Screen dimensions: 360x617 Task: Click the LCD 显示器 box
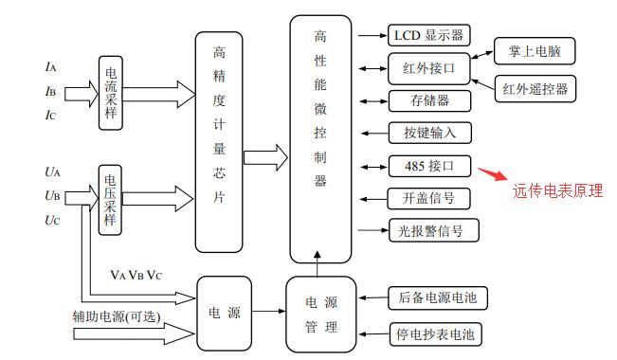click(x=428, y=36)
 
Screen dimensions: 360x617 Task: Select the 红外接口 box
click(x=428, y=68)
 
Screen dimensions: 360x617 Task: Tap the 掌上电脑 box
click(x=534, y=50)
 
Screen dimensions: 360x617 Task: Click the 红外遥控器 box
click(x=536, y=89)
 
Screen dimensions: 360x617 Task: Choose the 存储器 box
click(x=428, y=100)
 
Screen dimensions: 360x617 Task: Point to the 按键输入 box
click(x=429, y=133)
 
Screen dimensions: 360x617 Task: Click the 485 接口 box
click(x=429, y=166)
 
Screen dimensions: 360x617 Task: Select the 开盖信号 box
click(x=429, y=198)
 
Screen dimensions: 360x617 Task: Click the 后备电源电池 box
click(x=437, y=298)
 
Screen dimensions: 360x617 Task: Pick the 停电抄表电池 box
click(x=437, y=333)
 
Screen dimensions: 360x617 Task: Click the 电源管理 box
click(x=321, y=315)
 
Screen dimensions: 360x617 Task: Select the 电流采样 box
click(x=111, y=91)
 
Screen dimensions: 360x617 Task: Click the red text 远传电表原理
click(x=558, y=190)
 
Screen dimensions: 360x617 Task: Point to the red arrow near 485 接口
click(x=492, y=173)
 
